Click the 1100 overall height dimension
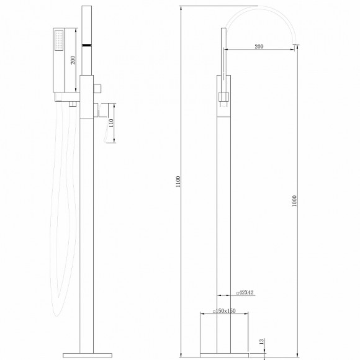click(176, 181)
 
